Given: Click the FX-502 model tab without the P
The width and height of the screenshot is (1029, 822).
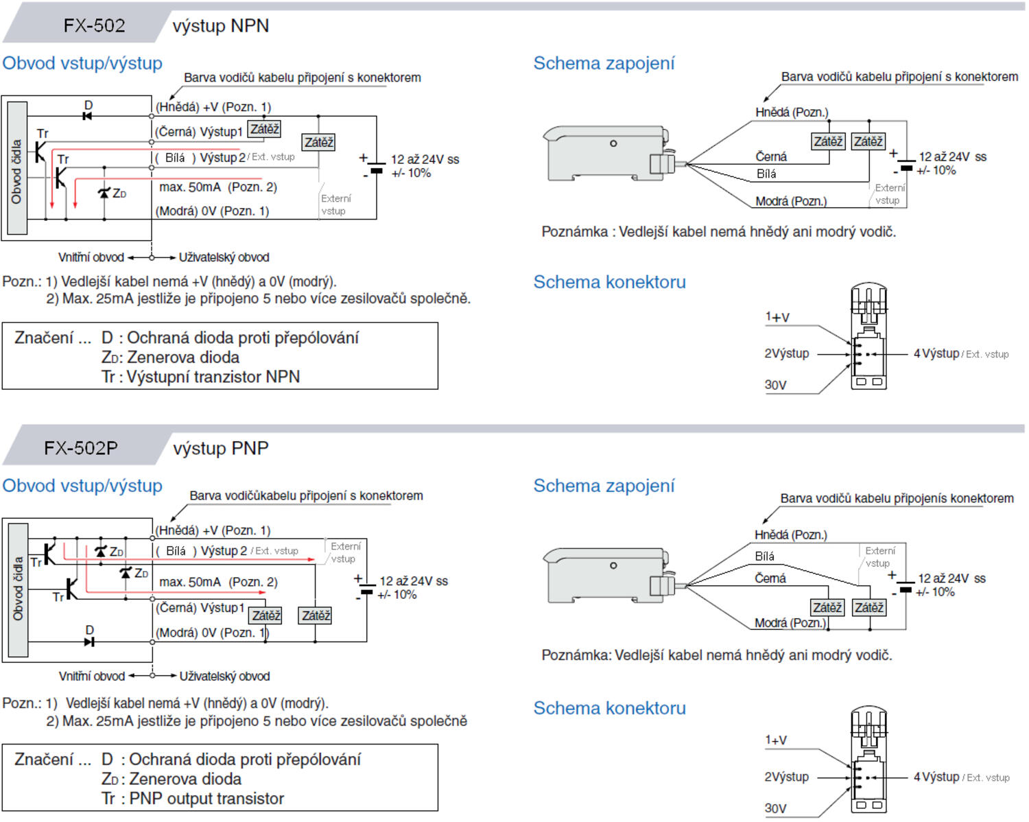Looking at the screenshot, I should click(x=94, y=26).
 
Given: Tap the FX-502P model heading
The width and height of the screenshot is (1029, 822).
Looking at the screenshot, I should click(x=81, y=449).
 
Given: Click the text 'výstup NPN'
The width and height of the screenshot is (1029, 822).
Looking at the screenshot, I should click(x=220, y=26).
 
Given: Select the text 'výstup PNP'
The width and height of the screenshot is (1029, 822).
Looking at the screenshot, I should click(x=220, y=449).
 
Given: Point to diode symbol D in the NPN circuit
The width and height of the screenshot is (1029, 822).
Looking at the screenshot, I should click(x=87, y=115).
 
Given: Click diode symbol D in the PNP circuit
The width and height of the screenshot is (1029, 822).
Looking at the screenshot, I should click(x=88, y=642).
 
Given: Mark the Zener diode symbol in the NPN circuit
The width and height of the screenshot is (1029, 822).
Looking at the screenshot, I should click(x=104, y=193).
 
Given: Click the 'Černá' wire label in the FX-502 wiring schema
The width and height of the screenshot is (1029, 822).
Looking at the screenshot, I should click(x=771, y=157).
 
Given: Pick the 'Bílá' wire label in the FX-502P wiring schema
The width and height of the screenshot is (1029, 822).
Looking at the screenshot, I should click(x=764, y=556).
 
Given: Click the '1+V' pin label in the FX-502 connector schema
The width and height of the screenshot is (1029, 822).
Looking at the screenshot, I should click(x=777, y=317).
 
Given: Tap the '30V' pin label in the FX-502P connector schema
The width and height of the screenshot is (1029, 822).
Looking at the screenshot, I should click(x=775, y=808).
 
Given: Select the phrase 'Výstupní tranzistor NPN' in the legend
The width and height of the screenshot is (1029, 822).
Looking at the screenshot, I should click(x=213, y=377).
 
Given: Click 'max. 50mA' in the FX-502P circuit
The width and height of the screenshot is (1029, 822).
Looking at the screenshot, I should click(x=190, y=582).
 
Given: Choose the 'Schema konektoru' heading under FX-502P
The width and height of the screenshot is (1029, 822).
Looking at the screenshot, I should click(x=609, y=708).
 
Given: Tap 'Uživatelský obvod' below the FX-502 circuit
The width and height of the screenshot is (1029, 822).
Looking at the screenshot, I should click(x=224, y=257).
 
